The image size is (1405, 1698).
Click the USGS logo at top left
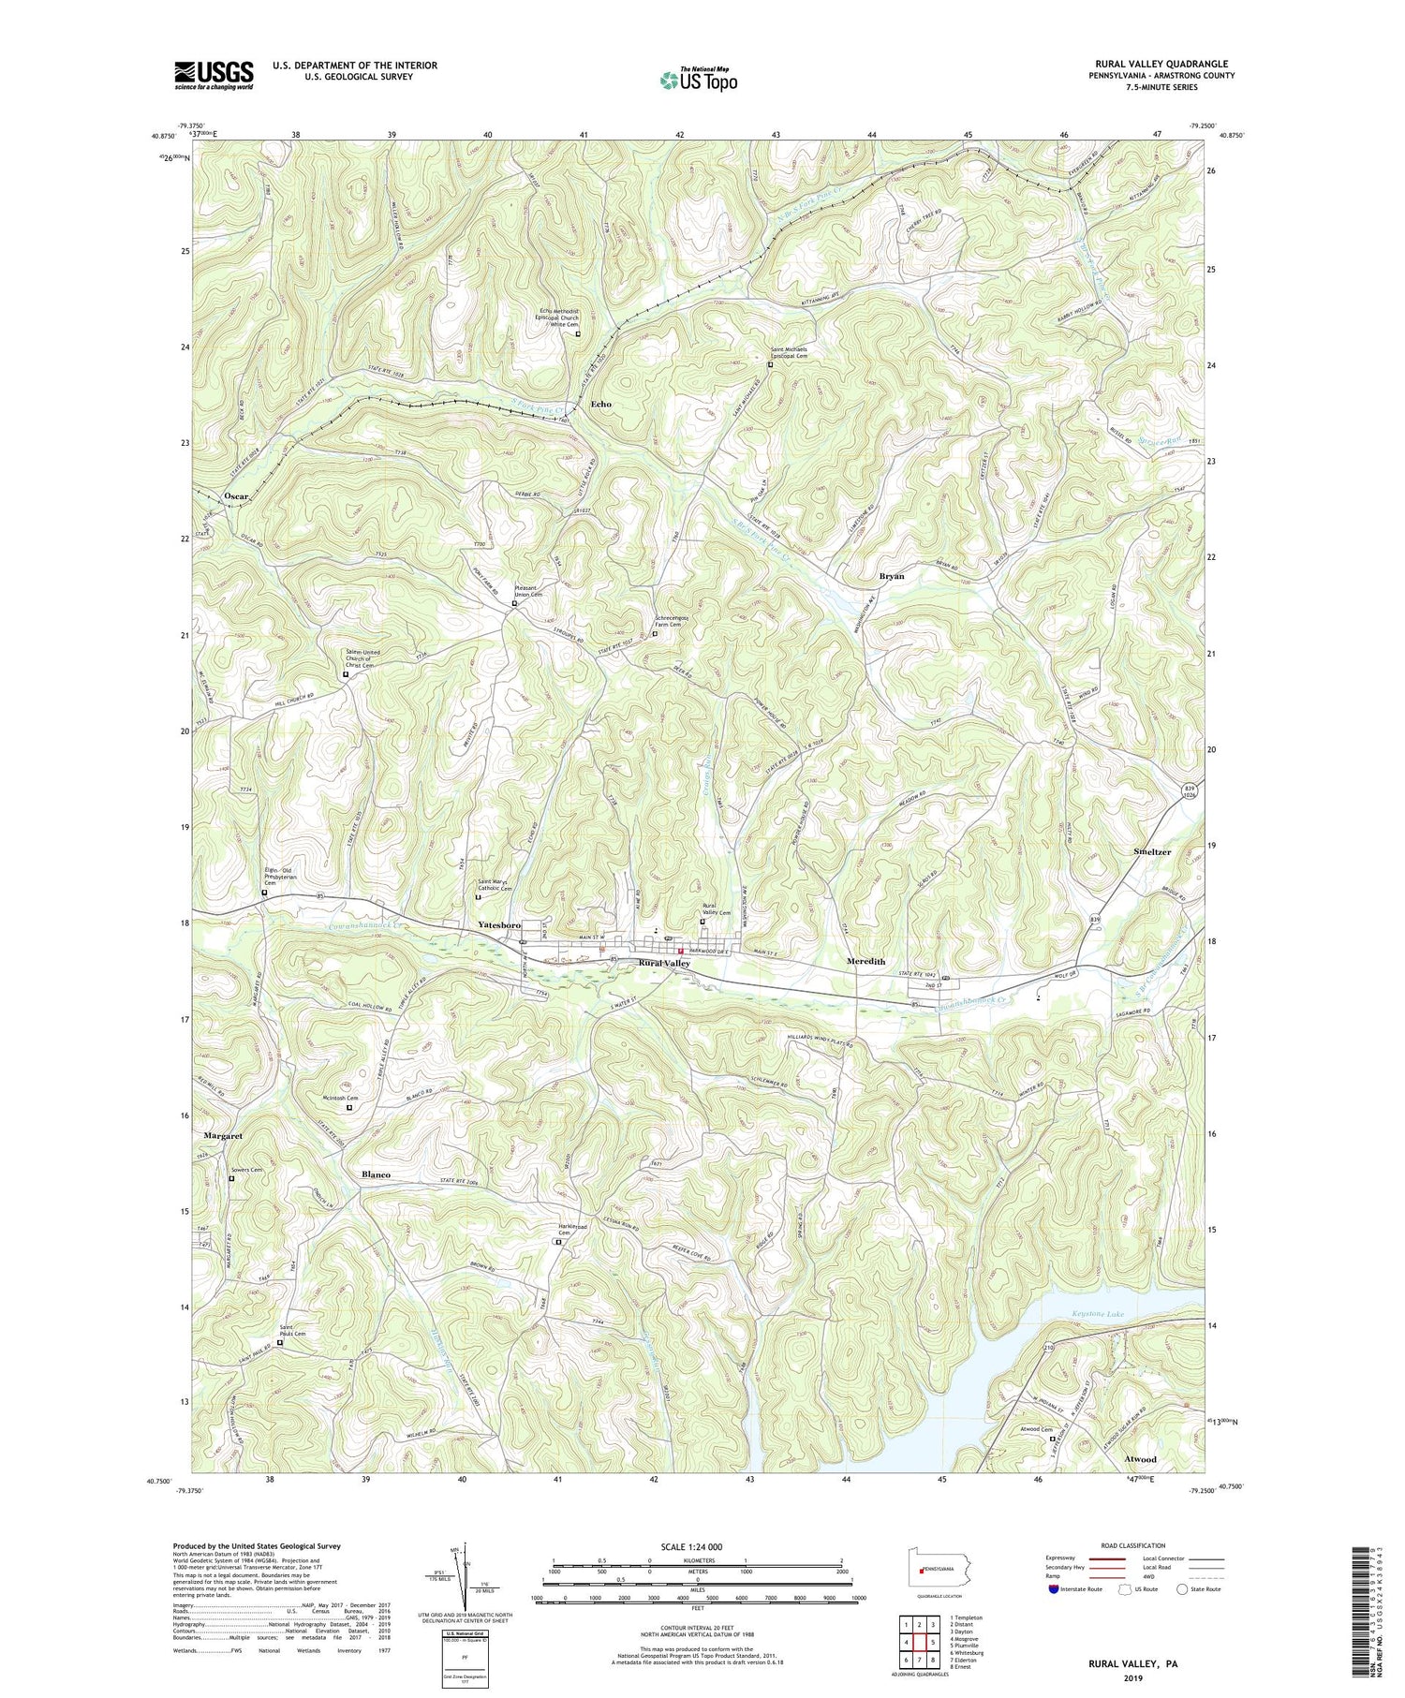pyautogui.click(x=213, y=75)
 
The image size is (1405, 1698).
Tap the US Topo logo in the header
pyautogui.click(x=697, y=80)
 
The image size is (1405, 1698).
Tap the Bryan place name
pyautogui.click(x=891, y=577)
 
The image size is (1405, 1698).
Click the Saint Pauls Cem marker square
pyautogui.click(x=279, y=1342)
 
